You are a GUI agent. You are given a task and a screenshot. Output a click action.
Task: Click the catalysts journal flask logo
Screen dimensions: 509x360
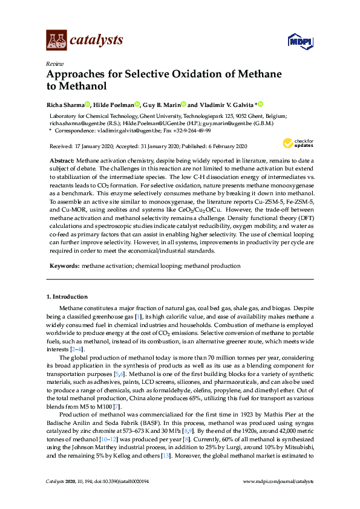click(56, 41)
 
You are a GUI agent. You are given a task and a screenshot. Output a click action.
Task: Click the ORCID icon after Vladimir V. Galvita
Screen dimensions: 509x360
click(261, 104)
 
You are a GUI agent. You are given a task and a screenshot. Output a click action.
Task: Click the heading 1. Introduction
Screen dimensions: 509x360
click(67, 297)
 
